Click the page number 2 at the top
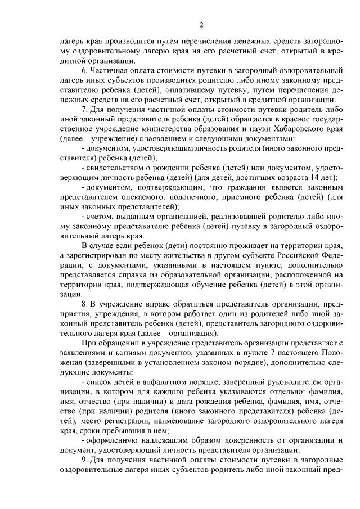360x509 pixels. [x=201, y=24]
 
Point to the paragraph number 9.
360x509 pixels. [x=84, y=460]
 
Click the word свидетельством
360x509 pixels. [x=115, y=168]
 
